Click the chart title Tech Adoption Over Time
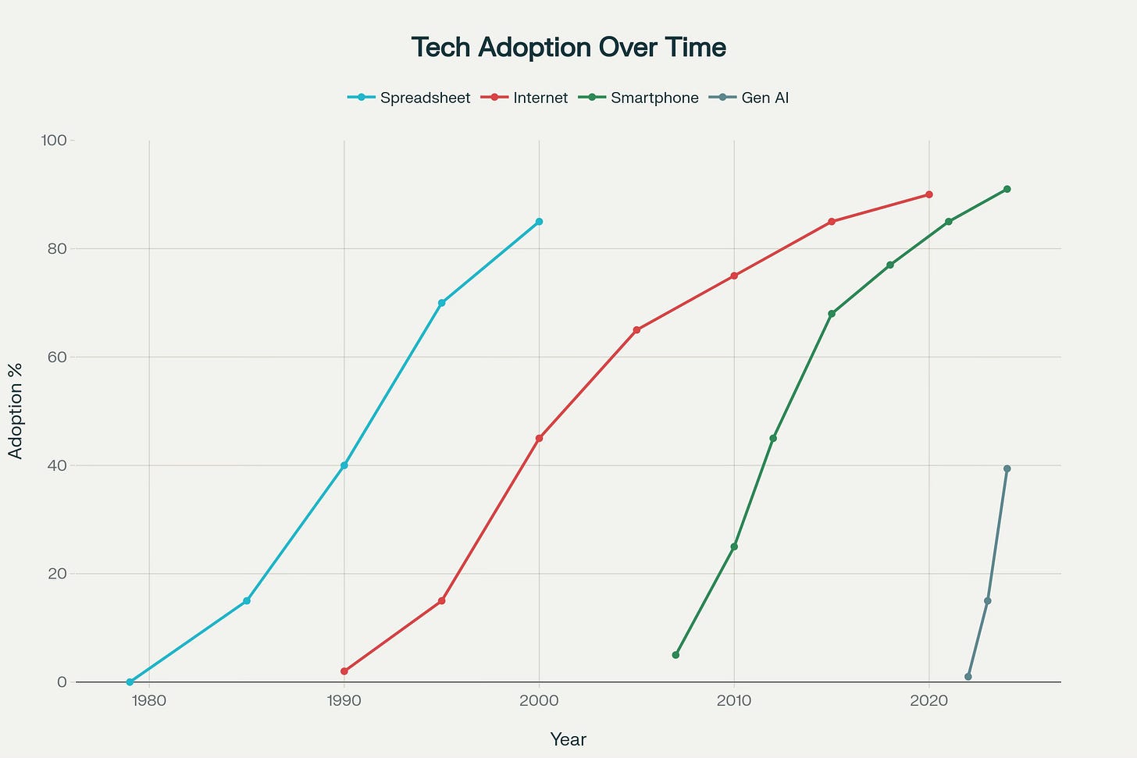(568, 48)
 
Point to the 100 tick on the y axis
(55, 141)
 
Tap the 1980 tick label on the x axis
(149, 700)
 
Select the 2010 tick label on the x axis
(734, 700)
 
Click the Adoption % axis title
(16, 411)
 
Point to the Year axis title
(568, 739)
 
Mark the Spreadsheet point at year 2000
(539, 222)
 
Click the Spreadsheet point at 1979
(130, 681)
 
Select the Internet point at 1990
(344, 671)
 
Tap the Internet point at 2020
(928, 194)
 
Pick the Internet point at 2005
(636, 330)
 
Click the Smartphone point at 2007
(675, 655)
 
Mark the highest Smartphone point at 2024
(1007, 189)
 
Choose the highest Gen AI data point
(1007, 468)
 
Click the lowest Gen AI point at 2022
(968, 677)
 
